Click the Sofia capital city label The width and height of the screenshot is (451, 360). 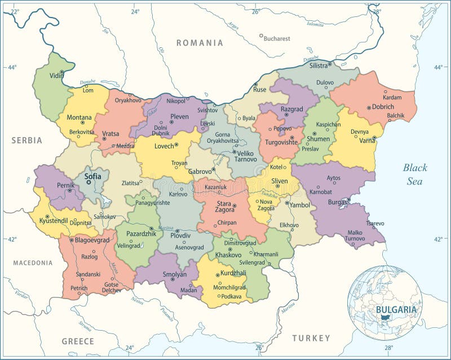pyautogui.click(x=93, y=176)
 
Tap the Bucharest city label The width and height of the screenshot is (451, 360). pyautogui.click(x=277, y=38)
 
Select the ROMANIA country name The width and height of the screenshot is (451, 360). pyautogui.click(x=200, y=43)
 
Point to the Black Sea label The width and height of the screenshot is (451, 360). pyautogui.click(x=415, y=174)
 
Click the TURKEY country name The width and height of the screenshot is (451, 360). pyautogui.click(x=311, y=338)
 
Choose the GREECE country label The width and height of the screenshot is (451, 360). pyautogui.click(x=78, y=341)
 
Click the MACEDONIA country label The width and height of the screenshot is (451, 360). pyautogui.click(x=33, y=263)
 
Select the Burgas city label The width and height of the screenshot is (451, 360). pyautogui.click(x=338, y=201)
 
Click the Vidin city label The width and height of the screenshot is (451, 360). pyautogui.click(x=56, y=76)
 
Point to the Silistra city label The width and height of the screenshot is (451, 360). pyautogui.click(x=319, y=65)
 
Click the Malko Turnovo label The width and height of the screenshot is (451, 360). pyautogui.click(x=355, y=235)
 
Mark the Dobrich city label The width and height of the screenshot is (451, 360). pyautogui.click(x=383, y=106)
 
